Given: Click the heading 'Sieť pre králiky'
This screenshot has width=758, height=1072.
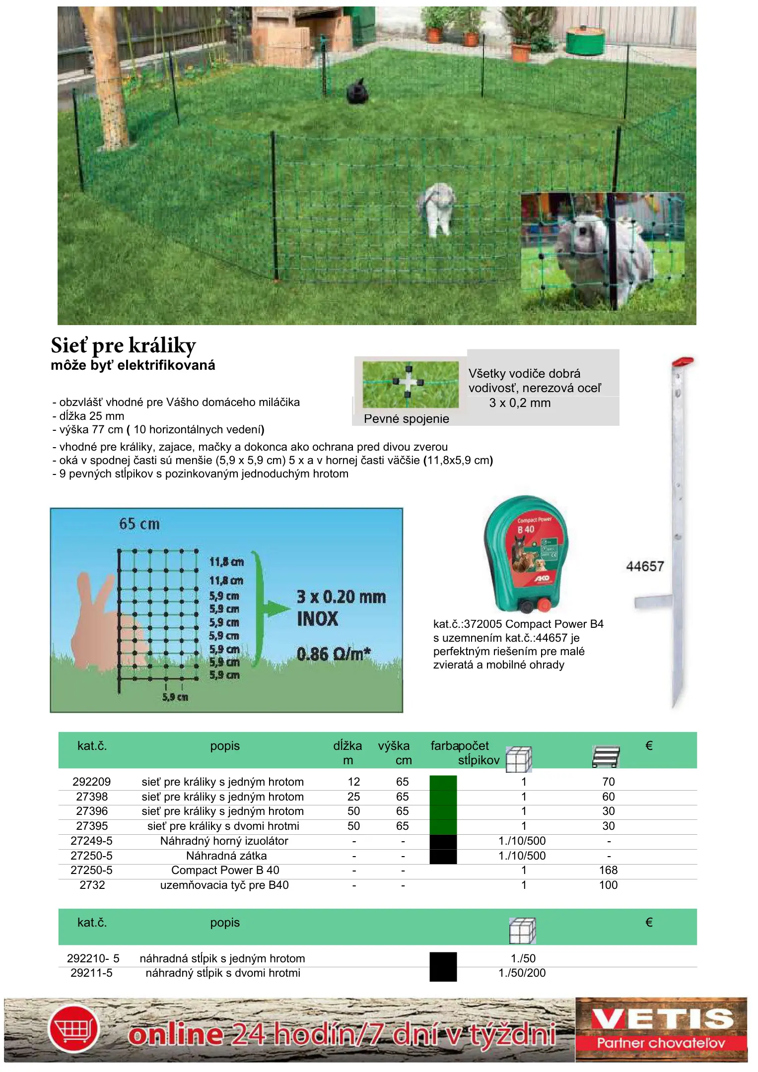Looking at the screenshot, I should (123, 345).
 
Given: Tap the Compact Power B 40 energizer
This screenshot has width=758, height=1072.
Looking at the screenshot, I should (526, 553).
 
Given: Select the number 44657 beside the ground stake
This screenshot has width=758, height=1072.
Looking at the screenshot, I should (645, 566).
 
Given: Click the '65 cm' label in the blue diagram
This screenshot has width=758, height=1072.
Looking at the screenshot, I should (139, 524).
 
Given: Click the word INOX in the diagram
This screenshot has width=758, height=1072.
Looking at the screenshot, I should (318, 619).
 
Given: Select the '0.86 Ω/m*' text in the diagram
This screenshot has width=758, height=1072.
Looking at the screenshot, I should (334, 654).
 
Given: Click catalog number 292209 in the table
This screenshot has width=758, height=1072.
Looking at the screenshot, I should (92, 782).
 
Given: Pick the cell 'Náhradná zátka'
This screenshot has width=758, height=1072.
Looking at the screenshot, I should (226, 856).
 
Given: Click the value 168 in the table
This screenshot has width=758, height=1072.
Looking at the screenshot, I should (608, 870).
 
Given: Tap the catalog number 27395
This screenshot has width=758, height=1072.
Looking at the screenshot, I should (92, 826).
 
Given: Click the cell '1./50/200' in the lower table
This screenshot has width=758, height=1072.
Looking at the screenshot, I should (522, 973).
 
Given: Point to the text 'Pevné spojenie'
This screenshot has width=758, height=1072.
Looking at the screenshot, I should (406, 419).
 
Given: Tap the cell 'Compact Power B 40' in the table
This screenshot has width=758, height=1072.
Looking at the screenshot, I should (225, 870).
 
